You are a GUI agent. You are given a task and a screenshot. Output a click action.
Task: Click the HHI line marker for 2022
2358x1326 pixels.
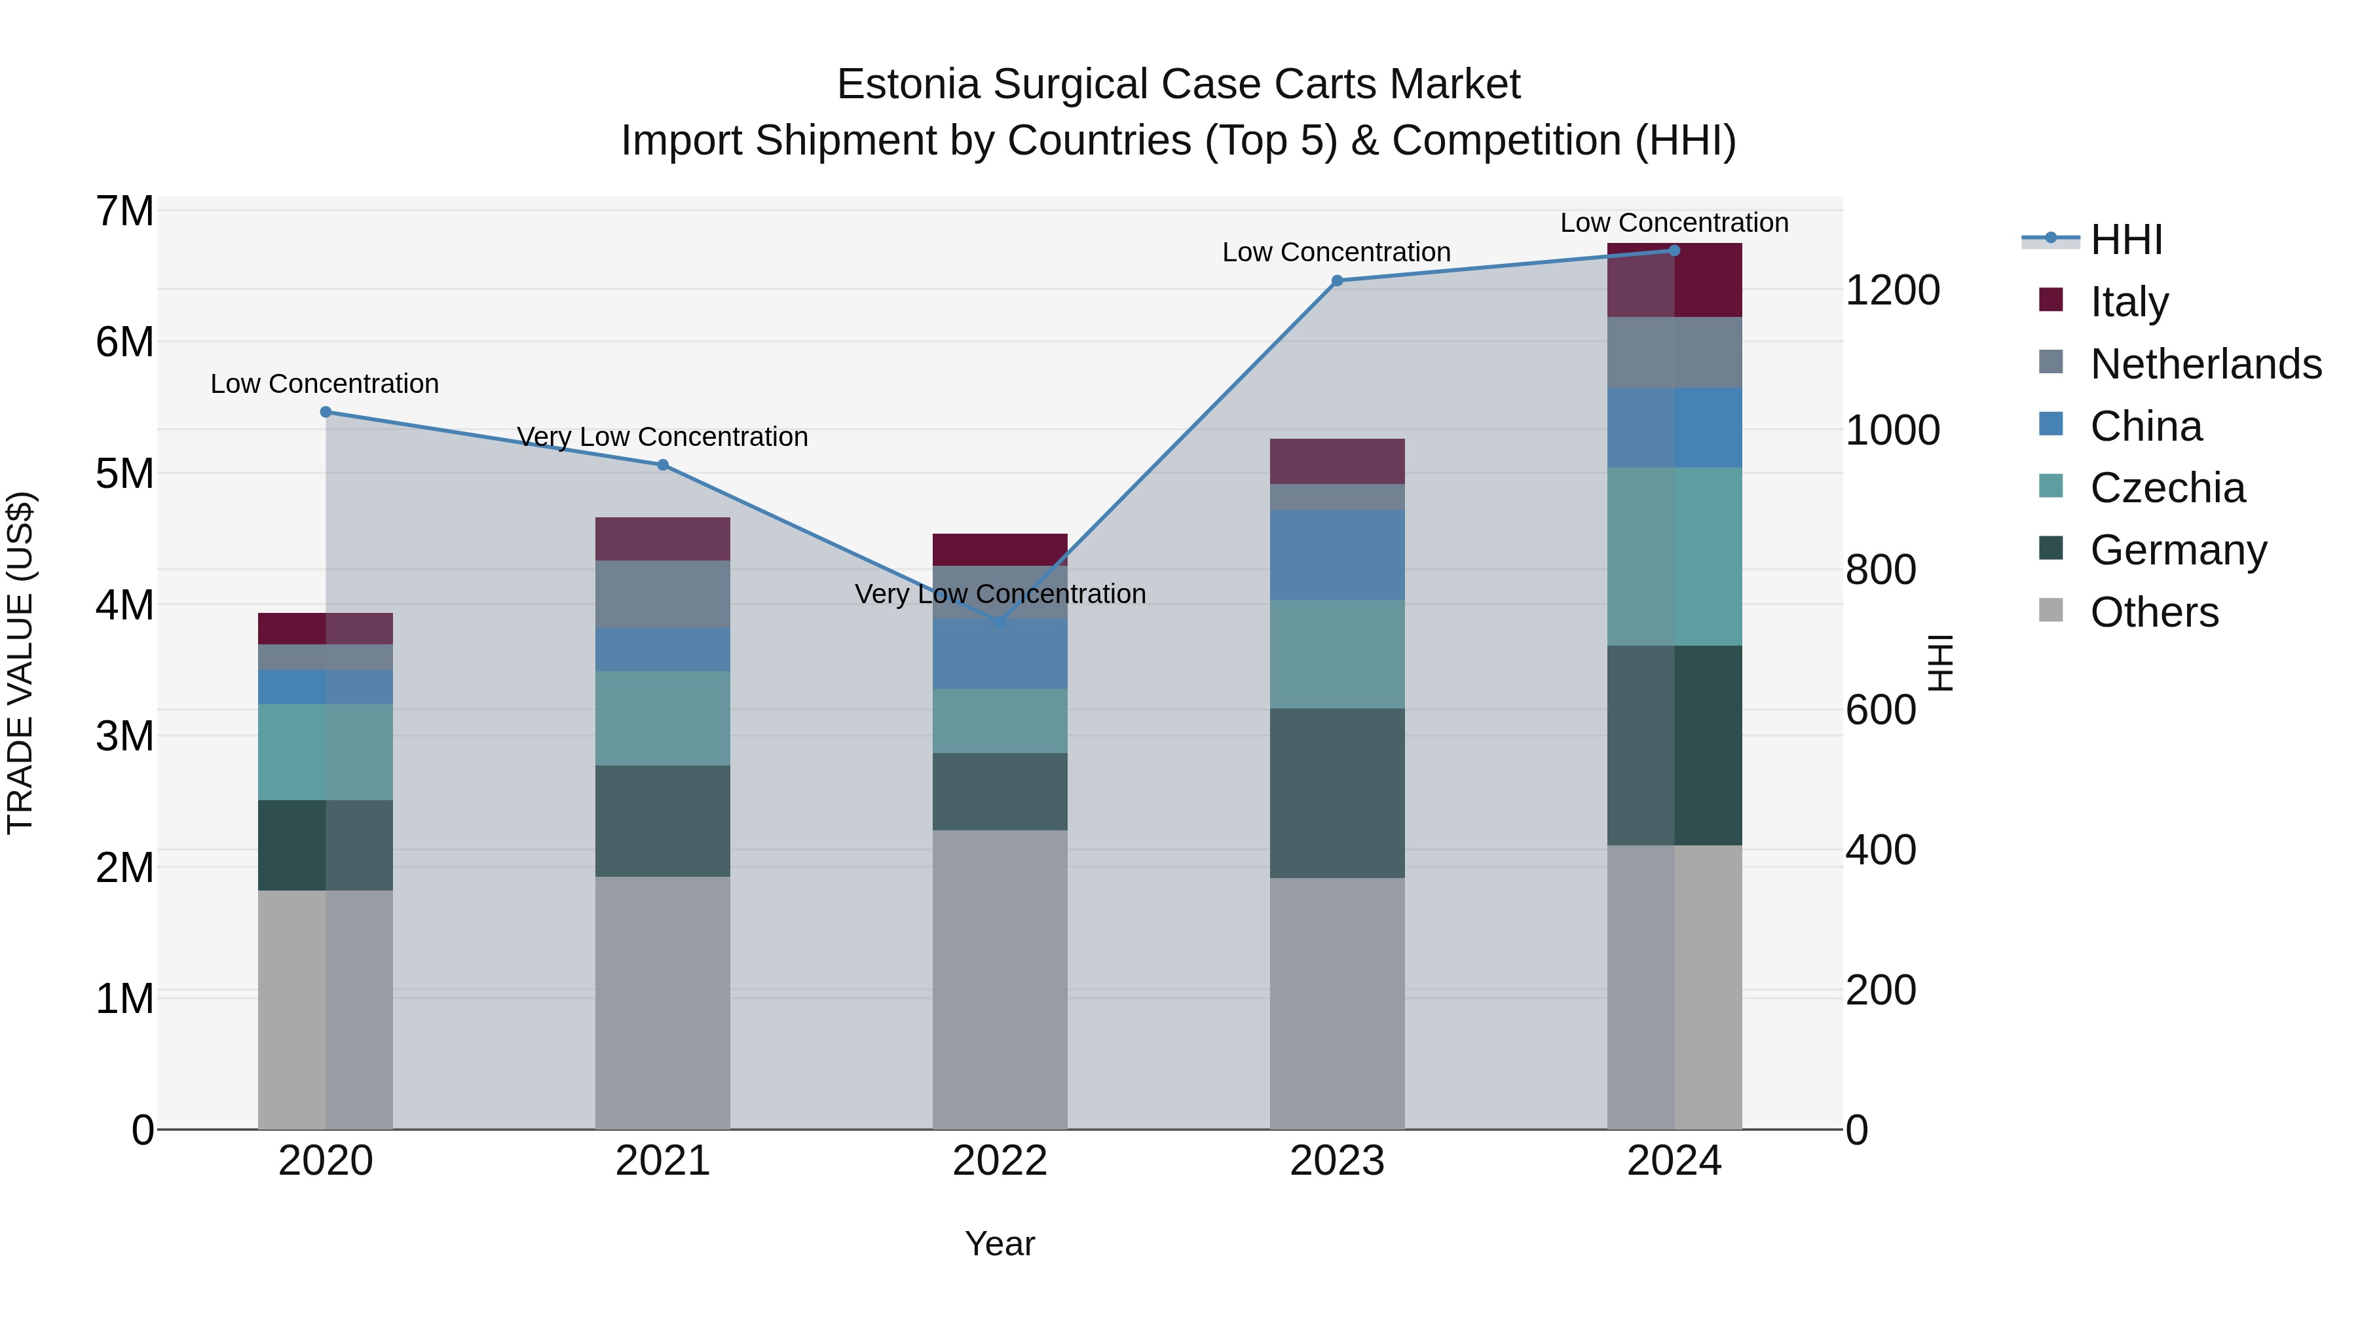click(1000, 622)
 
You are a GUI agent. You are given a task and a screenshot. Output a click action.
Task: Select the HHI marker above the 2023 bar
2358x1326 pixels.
click(1336, 281)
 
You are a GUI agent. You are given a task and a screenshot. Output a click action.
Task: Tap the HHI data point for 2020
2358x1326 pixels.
click(326, 412)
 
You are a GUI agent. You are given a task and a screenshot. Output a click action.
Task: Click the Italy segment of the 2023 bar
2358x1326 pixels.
click(1336, 461)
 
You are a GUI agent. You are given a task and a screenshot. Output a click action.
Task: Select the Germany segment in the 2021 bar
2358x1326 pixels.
click(663, 821)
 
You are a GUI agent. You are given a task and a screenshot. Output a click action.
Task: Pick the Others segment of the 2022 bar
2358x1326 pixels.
click(1000, 979)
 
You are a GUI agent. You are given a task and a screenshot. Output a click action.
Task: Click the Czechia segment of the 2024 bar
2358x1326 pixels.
click(1674, 557)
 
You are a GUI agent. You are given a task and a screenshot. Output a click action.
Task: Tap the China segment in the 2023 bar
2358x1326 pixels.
click(1336, 555)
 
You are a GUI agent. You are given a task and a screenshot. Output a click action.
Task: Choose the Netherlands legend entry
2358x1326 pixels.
click(2204, 364)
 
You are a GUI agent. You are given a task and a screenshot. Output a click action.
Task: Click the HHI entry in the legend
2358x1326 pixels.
click(2125, 240)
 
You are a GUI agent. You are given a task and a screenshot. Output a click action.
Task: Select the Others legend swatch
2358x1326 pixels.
click(2051, 610)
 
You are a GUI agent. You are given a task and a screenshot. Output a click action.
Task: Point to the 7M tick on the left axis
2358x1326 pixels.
click(124, 212)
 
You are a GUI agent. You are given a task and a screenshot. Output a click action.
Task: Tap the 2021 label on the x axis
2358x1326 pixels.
click(663, 1161)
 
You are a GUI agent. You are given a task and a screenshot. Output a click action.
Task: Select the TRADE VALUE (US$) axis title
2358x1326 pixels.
click(20, 663)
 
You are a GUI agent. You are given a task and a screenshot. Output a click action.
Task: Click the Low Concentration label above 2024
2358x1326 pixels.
click(1674, 223)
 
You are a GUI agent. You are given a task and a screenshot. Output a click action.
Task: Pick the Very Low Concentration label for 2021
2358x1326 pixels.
click(663, 437)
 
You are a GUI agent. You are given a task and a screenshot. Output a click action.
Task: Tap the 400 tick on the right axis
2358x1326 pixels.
click(1880, 850)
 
